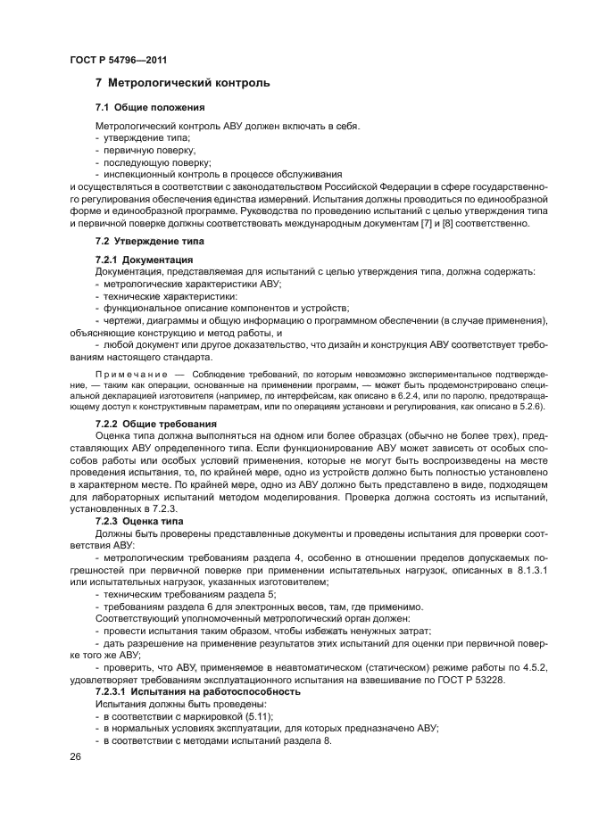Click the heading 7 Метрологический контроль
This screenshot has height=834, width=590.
tap(182, 84)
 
